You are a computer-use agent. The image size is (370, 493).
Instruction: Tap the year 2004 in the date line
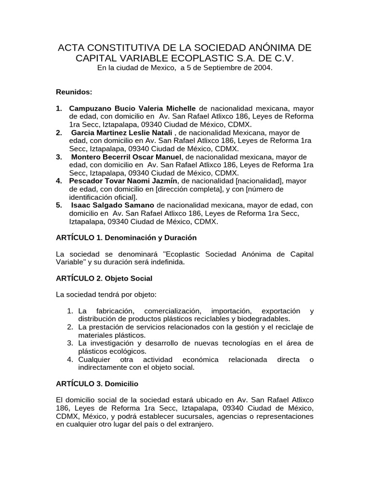click(262, 68)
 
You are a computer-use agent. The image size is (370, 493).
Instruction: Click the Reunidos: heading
click(74, 91)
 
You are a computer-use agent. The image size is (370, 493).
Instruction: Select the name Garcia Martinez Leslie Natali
click(122, 132)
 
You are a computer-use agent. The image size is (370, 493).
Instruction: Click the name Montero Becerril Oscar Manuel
click(127, 157)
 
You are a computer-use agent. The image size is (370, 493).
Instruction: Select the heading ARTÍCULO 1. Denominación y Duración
click(126, 238)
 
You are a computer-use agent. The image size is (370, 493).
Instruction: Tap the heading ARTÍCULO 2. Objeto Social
click(105, 278)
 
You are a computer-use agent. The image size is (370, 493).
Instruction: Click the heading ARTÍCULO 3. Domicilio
click(97, 384)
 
